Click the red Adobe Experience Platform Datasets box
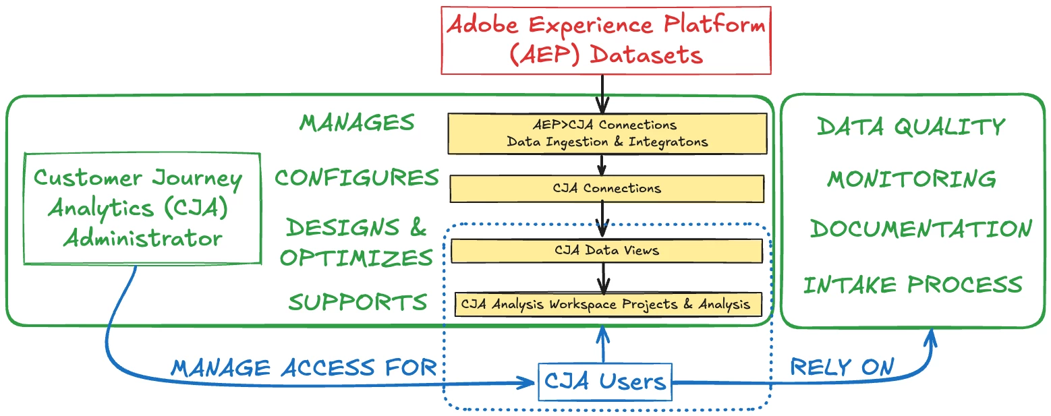[606, 40]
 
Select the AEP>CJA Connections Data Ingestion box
[607, 133]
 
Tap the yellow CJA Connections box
[606, 189]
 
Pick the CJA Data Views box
[606, 251]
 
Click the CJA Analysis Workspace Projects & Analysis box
[606, 304]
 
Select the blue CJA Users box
[605, 382]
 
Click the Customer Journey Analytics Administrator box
[142, 208]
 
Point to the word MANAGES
[357, 123]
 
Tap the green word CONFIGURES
[357, 178]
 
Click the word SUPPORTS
[358, 303]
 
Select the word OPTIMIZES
[357, 258]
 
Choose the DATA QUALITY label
[911, 127]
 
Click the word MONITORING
[911, 179]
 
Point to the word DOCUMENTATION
[921, 229]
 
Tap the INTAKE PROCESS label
[912, 285]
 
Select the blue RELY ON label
[842, 367]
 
